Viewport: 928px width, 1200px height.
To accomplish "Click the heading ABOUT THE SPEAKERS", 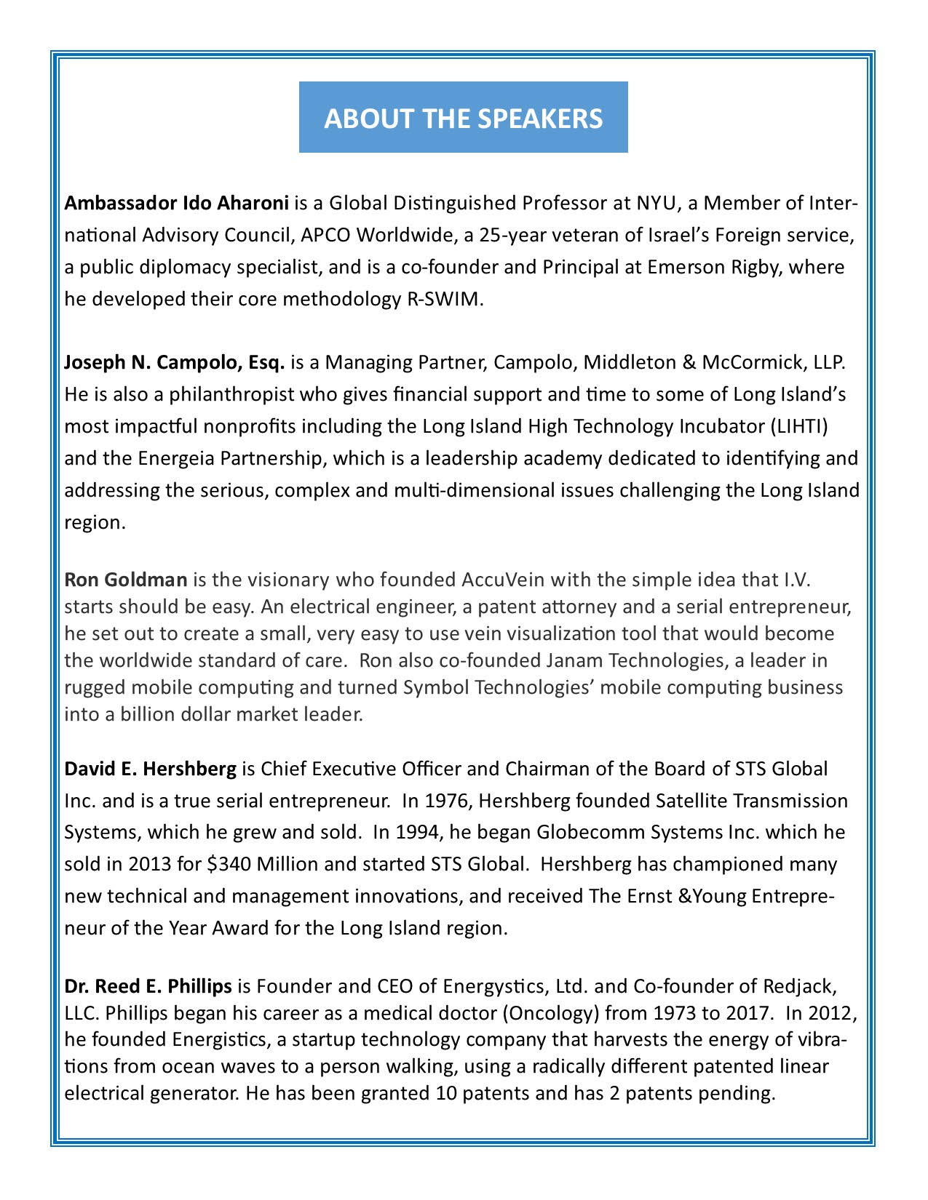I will [464, 118].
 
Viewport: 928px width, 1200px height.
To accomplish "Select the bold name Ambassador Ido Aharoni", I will [177, 203].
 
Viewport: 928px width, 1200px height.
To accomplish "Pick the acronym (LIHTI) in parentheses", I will [798, 426].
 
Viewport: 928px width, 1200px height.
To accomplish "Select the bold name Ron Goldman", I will [126, 580].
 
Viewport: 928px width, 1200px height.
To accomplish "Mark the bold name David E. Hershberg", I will [151, 769].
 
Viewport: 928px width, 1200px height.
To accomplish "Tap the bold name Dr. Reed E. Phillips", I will [148, 987].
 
